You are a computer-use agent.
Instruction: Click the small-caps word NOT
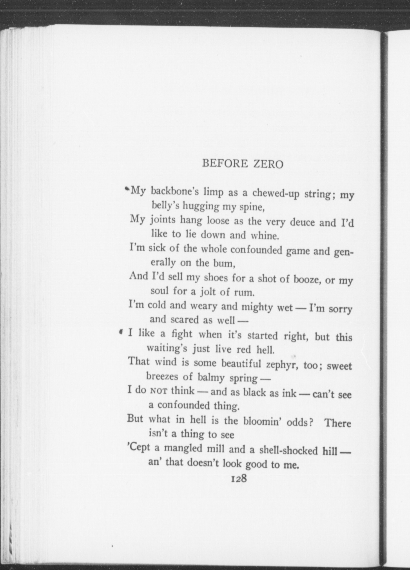click(159, 391)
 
